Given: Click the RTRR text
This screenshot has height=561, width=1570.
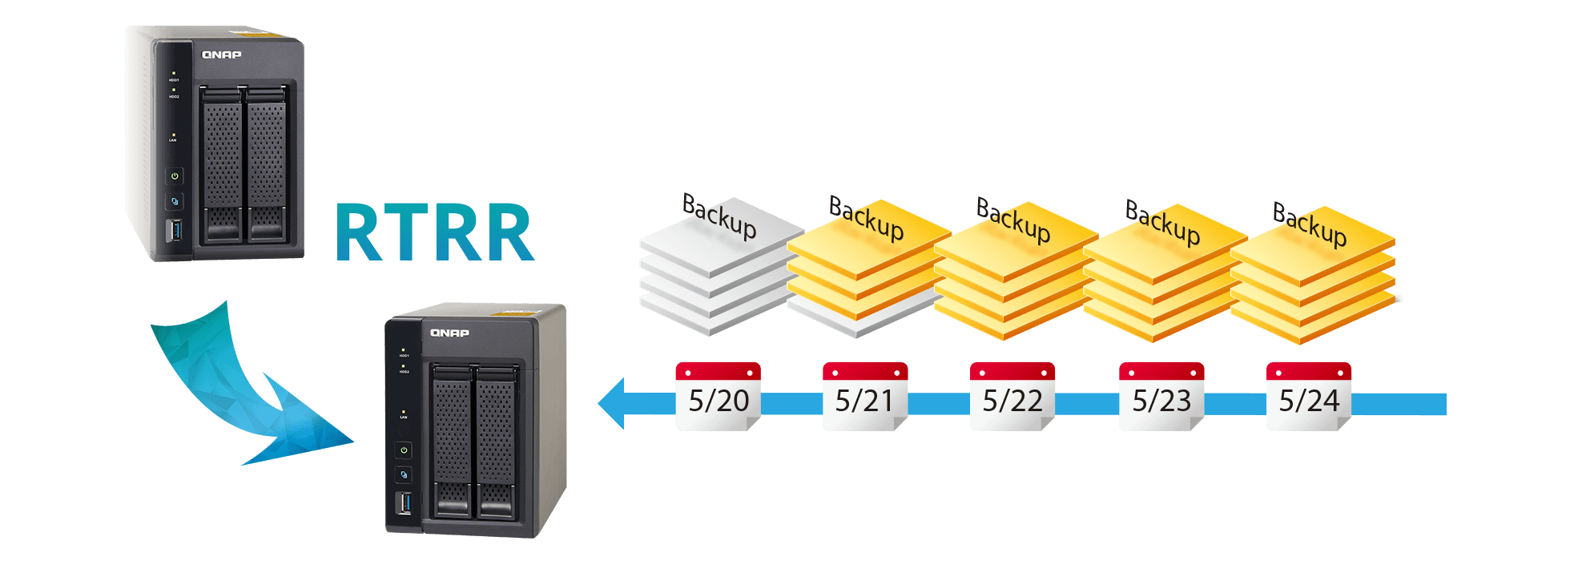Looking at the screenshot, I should (433, 232).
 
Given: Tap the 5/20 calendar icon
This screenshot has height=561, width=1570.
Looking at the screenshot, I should (718, 397).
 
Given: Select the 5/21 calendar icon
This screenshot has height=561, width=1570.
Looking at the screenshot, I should (865, 397).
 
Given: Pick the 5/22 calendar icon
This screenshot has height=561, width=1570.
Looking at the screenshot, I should (1012, 397).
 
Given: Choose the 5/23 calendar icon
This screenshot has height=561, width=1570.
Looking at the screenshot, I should (1161, 397).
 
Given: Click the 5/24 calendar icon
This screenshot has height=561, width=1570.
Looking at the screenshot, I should (1309, 397).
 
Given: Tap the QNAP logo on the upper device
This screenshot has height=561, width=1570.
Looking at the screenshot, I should (221, 55).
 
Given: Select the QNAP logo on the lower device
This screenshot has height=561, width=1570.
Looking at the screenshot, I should (449, 333).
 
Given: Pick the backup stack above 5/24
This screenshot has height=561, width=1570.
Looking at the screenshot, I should (1312, 280).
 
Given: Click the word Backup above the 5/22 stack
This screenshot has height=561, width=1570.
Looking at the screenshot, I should (1013, 220).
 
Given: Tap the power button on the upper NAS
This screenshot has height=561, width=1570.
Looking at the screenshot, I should (175, 176).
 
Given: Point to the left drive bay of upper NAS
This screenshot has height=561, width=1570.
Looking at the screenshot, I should (223, 164).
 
